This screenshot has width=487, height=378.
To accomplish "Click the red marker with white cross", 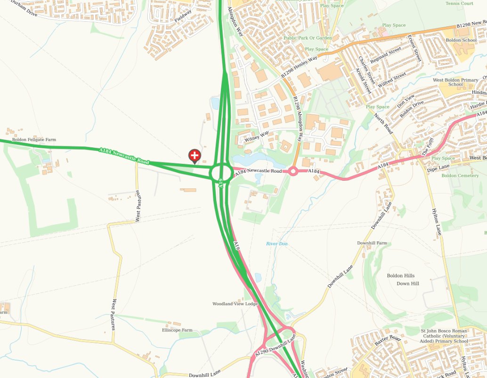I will tap(195, 155).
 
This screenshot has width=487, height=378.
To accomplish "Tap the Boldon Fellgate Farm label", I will tap(34, 140).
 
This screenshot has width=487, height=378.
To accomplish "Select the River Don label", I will tap(276, 244).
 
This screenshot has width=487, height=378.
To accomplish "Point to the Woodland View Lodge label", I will tap(235, 304).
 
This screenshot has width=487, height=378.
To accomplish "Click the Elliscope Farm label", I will tap(177, 330).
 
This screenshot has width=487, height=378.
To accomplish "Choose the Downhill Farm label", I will tap(372, 243).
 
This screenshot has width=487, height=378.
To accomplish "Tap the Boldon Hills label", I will tap(401, 276).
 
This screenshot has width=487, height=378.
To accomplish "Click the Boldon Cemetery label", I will tap(460, 176).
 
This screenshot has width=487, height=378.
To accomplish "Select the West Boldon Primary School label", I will tap(455, 82).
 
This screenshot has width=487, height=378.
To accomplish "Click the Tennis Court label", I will tap(459, 3).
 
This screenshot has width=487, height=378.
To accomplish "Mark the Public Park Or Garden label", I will tap(308, 38).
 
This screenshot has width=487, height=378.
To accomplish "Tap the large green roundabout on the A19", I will tap(221, 173).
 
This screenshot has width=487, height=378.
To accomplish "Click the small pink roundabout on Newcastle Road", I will tap(293, 171).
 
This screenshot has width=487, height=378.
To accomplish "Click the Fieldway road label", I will tap(183, 16).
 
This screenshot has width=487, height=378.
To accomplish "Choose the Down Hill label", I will tap(407, 283).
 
